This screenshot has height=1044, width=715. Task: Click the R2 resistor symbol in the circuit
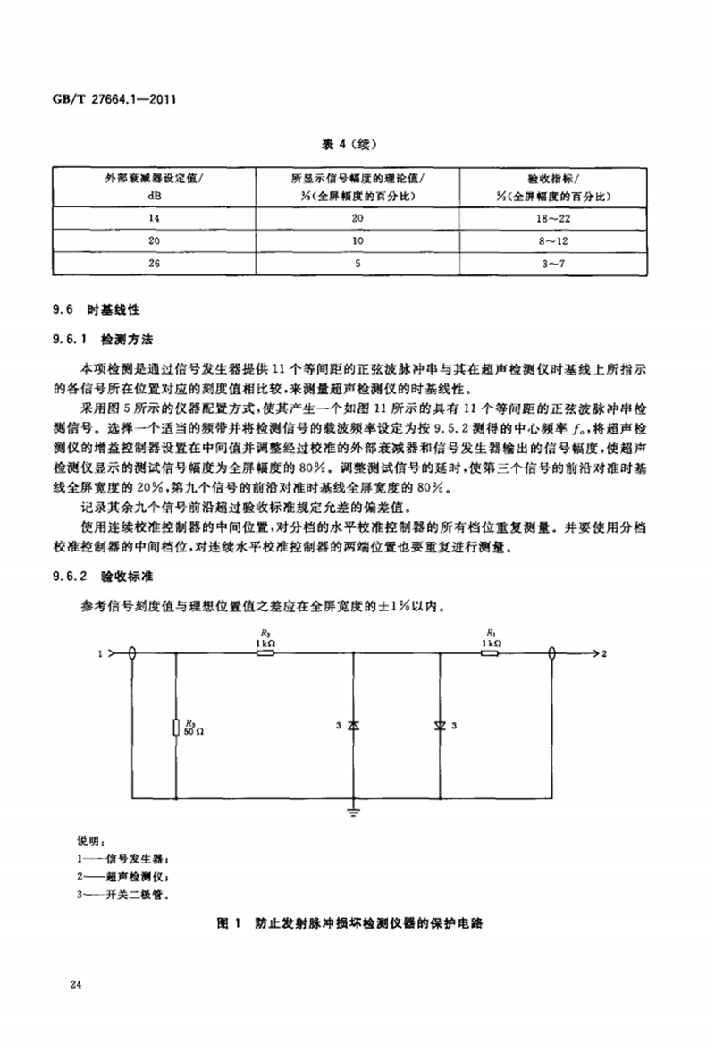coord(265,654)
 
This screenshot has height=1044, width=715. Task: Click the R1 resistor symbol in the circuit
coord(490,654)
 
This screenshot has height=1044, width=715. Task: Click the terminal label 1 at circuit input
coord(100,655)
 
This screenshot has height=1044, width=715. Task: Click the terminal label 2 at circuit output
coord(605,655)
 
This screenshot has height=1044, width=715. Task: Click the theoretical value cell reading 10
coord(355,240)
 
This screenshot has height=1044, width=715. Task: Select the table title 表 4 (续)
coord(355,142)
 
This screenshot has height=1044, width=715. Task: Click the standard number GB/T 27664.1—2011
coord(106,101)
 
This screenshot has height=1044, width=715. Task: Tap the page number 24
coord(75,984)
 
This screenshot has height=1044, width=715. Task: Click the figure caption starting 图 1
coord(355,922)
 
